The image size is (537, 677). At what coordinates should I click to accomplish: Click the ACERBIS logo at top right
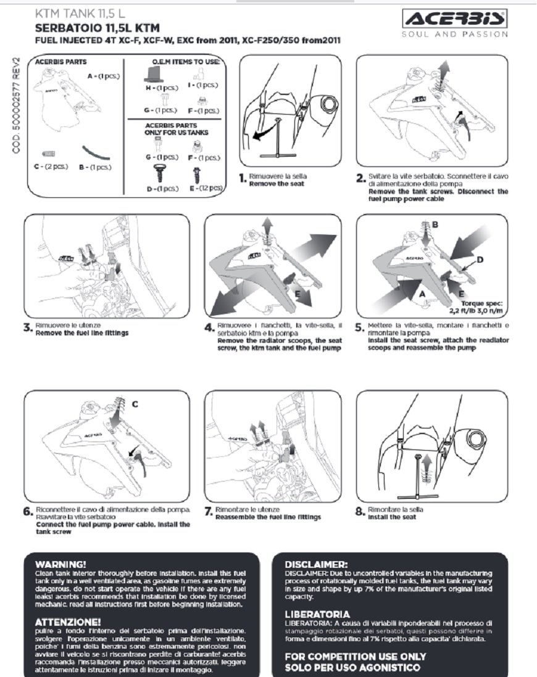[454, 18]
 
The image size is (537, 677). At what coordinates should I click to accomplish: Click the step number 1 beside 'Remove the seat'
[243, 179]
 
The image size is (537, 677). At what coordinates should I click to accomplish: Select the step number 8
[360, 512]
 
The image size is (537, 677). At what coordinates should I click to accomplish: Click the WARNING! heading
[60, 564]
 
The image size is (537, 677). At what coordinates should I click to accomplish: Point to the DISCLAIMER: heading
[317, 564]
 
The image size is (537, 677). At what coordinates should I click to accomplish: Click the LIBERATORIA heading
[317, 614]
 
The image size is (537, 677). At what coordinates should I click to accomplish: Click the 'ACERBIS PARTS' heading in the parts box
[60, 62]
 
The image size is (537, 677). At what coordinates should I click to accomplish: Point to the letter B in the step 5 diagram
[435, 225]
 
